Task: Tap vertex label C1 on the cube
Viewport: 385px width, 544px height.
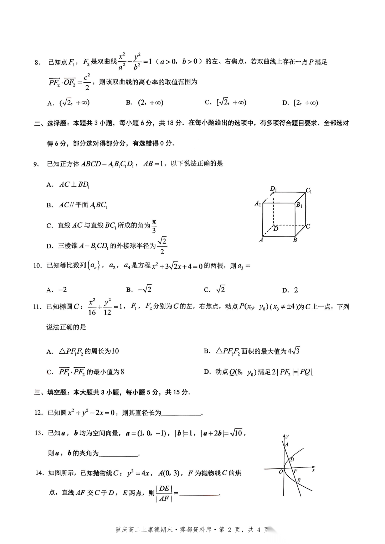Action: [309, 191]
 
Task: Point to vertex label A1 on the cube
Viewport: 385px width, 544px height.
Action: [258, 203]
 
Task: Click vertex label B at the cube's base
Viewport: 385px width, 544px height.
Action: [295, 240]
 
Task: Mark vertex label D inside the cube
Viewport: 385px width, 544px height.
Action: [276, 229]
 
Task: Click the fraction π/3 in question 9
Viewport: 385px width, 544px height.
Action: [154, 226]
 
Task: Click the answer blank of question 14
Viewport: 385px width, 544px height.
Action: [199, 494]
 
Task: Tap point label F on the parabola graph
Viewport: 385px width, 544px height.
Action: [295, 471]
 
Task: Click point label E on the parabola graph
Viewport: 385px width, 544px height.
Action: [299, 481]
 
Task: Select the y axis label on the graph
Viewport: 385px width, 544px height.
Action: [287, 436]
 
